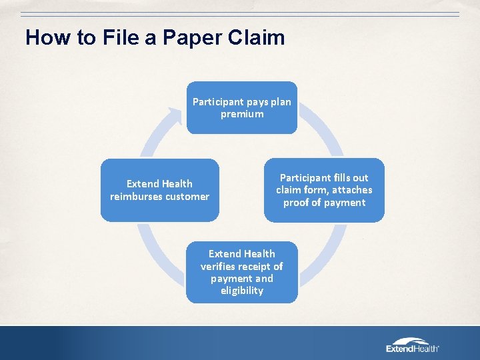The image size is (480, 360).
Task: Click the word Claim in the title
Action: tap(256, 37)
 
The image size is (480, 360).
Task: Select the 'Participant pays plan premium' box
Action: tap(241, 107)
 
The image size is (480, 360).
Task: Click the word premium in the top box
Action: tap(242, 114)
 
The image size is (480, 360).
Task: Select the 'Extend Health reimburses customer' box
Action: tap(159, 190)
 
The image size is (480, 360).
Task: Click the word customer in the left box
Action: tap(187, 197)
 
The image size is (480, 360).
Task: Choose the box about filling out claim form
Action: tap(324, 190)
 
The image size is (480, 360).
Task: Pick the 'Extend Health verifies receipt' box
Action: tap(241, 272)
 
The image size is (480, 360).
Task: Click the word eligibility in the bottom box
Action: tap(241, 291)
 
